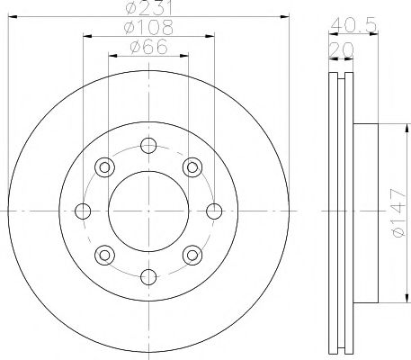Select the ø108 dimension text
coord(149,28)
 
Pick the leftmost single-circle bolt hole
coord(84,211)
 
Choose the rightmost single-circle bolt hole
coord(215,211)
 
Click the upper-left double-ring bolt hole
coord(104,166)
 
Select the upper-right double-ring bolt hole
coord(193,166)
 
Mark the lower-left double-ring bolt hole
coord(104,256)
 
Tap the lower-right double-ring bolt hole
coord(193,256)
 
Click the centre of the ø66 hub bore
coord(149,211)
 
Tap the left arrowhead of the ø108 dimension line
coord(87,36)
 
